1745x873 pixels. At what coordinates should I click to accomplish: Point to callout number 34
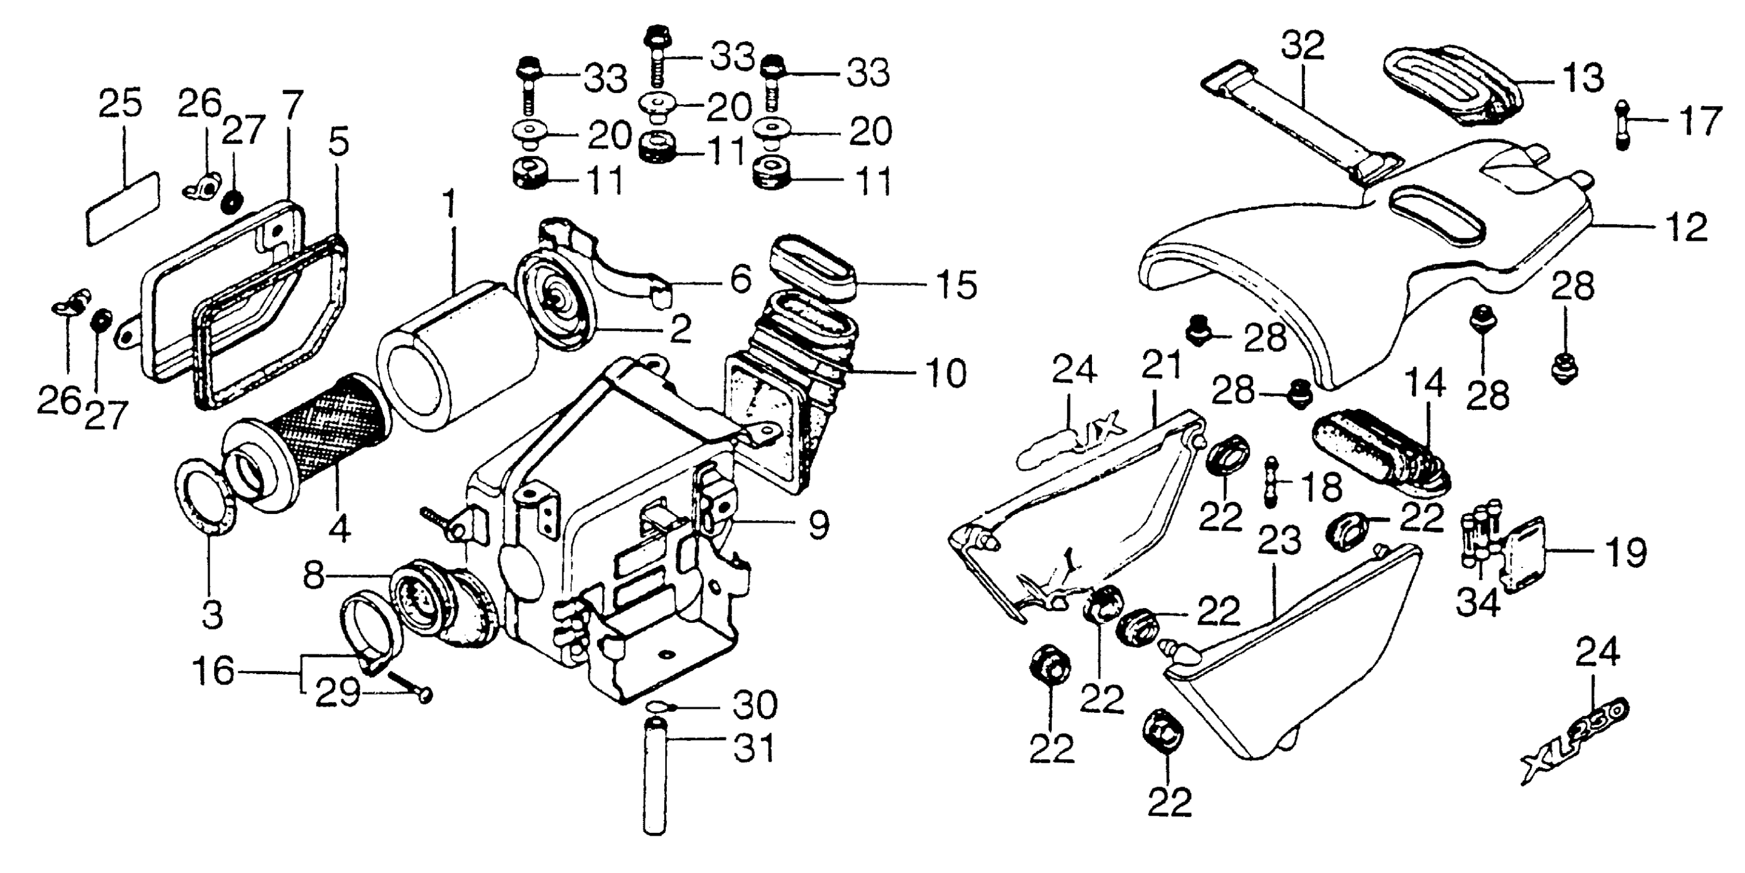click(1478, 602)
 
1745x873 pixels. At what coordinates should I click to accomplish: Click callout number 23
click(1279, 541)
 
